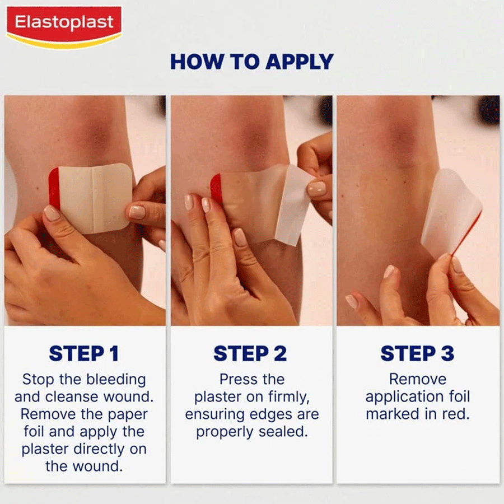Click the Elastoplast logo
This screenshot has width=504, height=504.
[64, 27]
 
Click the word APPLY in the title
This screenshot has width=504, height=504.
[300, 62]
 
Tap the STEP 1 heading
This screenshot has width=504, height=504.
[84, 353]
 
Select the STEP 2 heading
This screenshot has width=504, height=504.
[250, 353]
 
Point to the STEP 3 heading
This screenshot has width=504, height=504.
[417, 353]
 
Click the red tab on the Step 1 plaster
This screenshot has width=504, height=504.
[54, 188]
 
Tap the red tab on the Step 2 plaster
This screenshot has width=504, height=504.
[216, 188]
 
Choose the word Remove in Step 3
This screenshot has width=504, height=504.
[418, 379]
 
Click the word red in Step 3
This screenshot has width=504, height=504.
[456, 414]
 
